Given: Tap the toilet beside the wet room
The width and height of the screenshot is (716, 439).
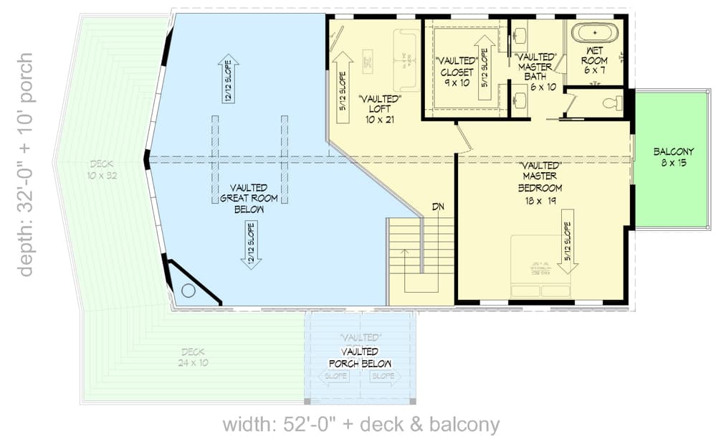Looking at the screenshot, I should pyautogui.click(x=611, y=103).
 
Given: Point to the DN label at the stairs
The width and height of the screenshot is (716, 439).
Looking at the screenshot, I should pyautogui.click(x=438, y=207).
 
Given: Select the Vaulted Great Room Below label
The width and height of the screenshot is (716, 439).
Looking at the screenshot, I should pyautogui.click(x=249, y=198).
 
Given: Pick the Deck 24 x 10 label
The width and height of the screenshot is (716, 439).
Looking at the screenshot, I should pyautogui.click(x=193, y=357).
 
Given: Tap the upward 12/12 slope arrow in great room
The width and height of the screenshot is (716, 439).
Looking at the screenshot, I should pyautogui.click(x=229, y=79).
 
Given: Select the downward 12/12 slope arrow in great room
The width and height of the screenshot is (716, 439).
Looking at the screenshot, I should pyautogui.click(x=252, y=244).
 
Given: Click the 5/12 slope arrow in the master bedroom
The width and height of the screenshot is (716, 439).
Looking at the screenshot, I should pyautogui.click(x=568, y=242).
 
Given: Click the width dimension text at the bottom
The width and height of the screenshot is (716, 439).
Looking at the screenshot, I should pyautogui.click(x=361, y=424).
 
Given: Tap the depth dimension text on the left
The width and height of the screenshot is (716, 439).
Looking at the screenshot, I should pyautogui.click(x=26, y=164).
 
